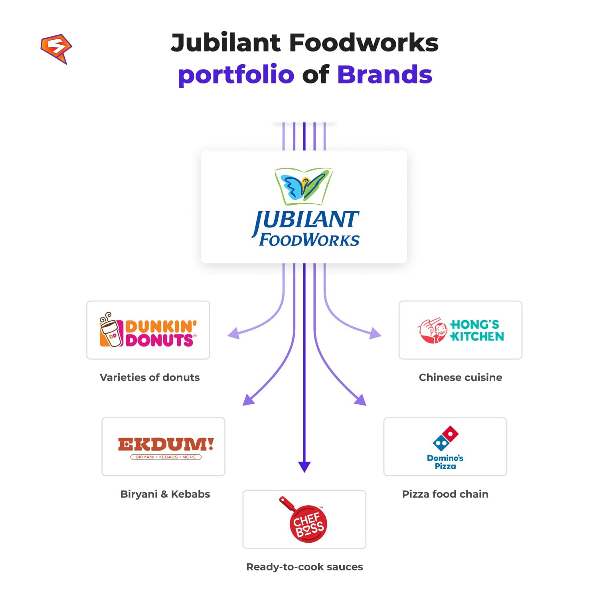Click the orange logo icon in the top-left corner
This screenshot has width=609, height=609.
coord(56,48)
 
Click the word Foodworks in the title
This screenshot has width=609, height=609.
coord(363,43)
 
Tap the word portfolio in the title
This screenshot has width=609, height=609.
coord(236,75)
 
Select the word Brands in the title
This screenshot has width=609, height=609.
coord(385,75)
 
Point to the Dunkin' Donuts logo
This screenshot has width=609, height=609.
coord(148,330)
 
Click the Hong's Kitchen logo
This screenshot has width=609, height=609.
coord(461,330)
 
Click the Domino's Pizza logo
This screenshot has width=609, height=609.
coord(445,447)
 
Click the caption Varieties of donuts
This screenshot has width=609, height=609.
coord(150,378)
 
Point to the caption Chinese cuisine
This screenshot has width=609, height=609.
coord(461,378)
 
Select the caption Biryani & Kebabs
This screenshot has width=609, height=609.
coord(165,494)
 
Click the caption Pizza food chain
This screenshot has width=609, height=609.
coord(445,494)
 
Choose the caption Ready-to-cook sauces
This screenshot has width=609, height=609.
coord(304,567)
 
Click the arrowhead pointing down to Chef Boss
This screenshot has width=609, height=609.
coord(304,467)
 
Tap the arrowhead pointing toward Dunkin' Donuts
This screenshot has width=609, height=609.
coord(234,333)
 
